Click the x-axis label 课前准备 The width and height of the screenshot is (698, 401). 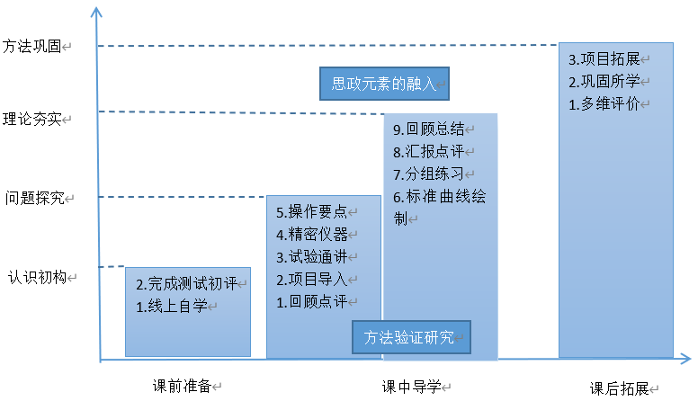(183, 386)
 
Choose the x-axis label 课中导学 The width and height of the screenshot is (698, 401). (411, 387)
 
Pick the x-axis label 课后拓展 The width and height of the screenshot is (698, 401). (620, 388)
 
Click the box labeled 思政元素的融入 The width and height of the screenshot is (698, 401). (384, 85)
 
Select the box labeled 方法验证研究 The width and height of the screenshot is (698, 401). (410, 338)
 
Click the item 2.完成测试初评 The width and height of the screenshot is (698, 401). (187, 284)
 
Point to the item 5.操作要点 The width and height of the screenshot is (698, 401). (311, 212)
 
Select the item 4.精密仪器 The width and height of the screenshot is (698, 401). (311, 234)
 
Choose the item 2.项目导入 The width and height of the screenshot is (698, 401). (311, 279)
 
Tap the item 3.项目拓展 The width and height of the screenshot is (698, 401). (604, 60)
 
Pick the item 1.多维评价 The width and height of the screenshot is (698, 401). (604, 103)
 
